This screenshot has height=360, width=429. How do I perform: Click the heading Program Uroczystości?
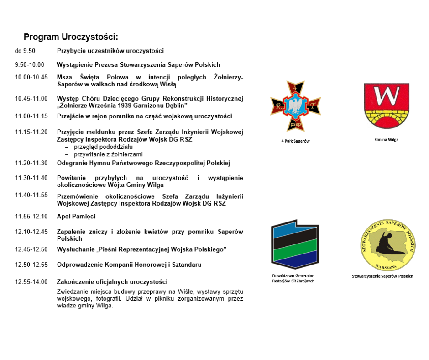pos(71,37)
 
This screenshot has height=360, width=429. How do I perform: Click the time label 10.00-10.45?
pos(31,77)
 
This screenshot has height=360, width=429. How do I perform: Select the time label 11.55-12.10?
pos(31,217)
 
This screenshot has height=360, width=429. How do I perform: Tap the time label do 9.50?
pos(25,51)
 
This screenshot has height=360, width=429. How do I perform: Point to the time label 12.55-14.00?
pos(31,281)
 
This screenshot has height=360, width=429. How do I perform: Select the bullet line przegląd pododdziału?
pos(103,147)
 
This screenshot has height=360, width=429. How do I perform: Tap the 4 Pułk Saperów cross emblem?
pos(295,106)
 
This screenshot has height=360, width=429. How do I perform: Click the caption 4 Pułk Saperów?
pos(295,141)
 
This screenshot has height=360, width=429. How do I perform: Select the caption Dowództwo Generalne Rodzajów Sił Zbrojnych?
pos(293,278)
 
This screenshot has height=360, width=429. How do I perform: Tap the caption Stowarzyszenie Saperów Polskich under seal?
pos(382,276)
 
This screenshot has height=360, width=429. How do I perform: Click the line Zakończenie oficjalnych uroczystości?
pos(112,281)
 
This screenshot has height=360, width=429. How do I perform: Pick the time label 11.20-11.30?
pos(31,163)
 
